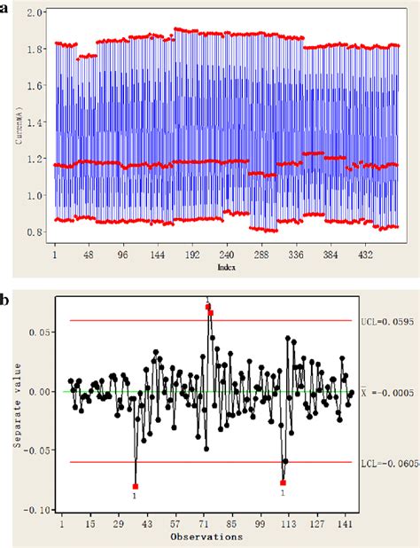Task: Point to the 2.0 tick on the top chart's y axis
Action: (x=36, y=12)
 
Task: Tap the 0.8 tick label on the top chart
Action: (x=36, y=232)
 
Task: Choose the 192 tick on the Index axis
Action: (x=191, y=254)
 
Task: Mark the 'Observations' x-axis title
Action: (x=207, y=537)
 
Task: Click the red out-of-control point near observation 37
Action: (x=136, y=486)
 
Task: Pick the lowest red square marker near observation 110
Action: (x=283, y=482)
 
